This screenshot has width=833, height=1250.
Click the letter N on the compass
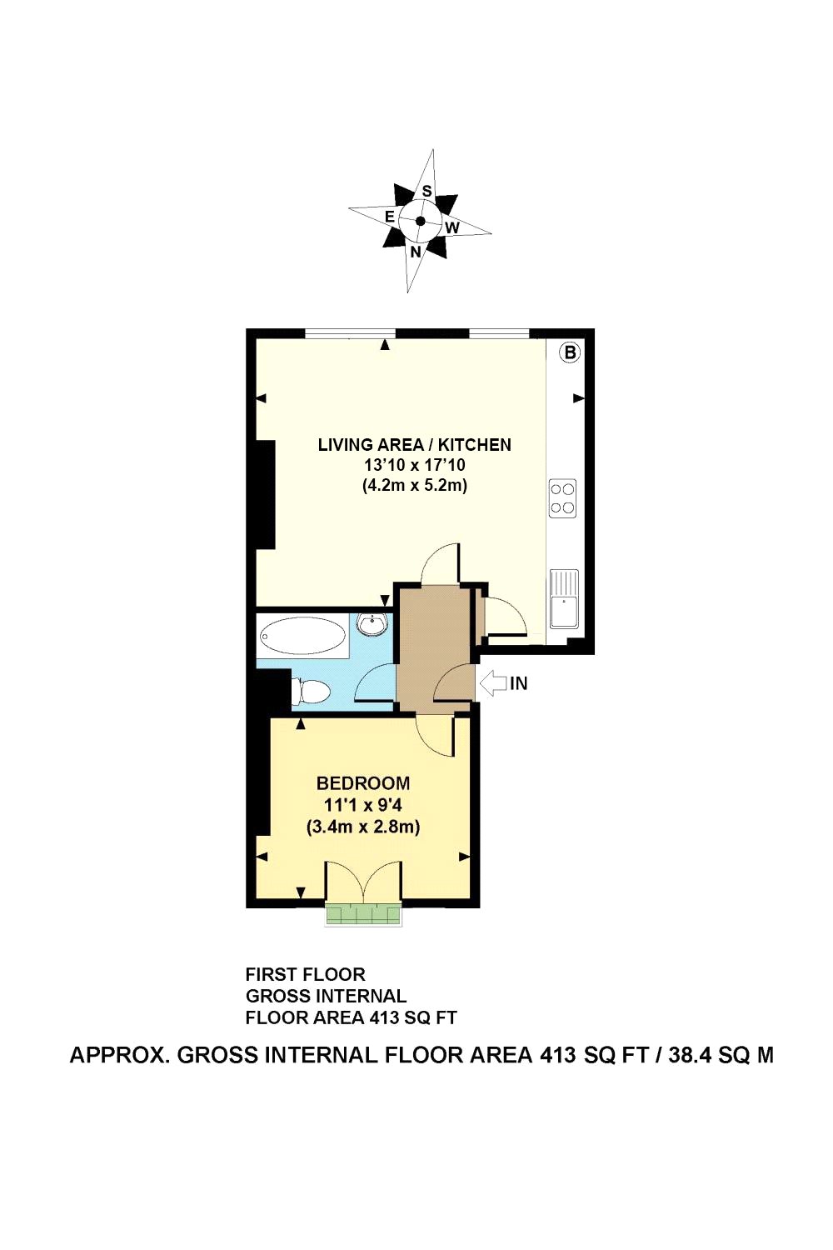point(415,251)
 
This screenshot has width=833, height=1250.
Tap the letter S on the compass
point(426,191)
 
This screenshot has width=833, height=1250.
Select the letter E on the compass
point(389,217)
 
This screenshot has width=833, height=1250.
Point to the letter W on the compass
point(451,227)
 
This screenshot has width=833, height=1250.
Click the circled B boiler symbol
point(570,352)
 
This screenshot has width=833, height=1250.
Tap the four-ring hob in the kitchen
point(562,498)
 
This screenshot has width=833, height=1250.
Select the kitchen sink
point(564,598)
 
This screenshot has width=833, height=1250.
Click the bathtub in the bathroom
point(302,636)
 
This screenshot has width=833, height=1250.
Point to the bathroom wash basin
point(372,624)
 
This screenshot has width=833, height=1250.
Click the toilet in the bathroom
point(310,691)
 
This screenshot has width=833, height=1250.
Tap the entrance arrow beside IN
point(494,683)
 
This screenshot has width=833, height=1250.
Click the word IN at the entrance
point(519,683)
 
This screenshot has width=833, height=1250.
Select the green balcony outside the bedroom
point(363,914)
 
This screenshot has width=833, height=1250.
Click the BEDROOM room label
point(363,783)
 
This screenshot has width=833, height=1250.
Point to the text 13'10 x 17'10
point(415,465)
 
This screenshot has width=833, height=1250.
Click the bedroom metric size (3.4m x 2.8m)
point(363,827)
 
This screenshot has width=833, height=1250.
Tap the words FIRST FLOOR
point(305,974)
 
